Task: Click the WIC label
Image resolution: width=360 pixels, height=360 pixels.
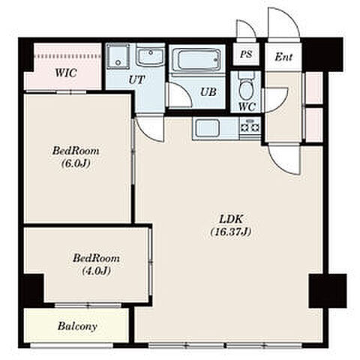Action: point(66,73)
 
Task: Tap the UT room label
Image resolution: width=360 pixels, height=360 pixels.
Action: point(136,79)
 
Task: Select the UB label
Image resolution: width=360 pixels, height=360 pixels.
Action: point(208,92)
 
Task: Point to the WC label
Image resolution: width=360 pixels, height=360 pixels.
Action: point(247,107)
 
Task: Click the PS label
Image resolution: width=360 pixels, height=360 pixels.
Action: point(246,54)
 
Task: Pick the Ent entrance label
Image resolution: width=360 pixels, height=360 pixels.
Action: point(283,57)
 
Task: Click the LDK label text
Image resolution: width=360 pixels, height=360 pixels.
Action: point(231,219)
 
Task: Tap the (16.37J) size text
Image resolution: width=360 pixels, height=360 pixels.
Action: point(230,232)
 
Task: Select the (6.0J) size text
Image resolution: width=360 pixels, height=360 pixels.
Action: point(76,163)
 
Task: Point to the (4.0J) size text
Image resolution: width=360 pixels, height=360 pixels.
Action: point(96,271)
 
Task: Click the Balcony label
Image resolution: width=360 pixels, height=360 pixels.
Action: point(77,326)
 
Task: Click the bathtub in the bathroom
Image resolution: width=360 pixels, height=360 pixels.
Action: point(196,60)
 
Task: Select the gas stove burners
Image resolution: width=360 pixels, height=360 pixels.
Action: point(250,127)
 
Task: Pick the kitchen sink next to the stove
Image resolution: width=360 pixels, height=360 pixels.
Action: point(207,128)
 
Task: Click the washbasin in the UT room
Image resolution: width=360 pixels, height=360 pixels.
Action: point(150,57)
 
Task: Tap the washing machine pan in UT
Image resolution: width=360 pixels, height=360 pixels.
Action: point(118,56)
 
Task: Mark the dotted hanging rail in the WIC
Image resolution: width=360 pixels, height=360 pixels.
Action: point(67,56)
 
